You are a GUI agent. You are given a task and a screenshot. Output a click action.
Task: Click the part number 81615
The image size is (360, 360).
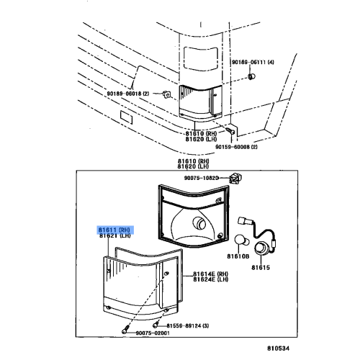coord(260,268)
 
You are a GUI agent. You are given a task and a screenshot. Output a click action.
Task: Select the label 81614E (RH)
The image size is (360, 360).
coord(210,274)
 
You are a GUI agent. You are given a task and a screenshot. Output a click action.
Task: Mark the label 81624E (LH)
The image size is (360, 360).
coord(210,282)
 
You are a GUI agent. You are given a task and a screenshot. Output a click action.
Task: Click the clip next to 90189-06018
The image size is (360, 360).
coord(165,94)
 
